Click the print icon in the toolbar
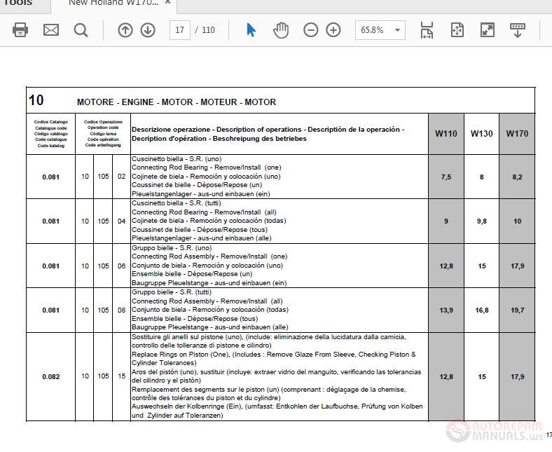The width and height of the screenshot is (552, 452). pos(20,30)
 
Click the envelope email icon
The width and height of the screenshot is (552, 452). pos(51,30)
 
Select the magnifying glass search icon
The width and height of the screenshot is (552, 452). pos(81,30)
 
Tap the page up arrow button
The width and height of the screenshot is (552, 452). pos(125,30)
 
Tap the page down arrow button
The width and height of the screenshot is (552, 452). pos(148,30)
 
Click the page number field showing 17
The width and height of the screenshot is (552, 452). pos(180,30)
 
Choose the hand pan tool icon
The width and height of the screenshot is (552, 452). pos(281,30)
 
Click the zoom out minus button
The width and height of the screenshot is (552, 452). pos(311,30)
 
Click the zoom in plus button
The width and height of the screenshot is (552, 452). pos(333,30)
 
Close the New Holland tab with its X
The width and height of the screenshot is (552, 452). pos(168,3)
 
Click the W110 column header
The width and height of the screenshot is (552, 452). pos(446,134)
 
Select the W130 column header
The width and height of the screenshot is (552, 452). pos(481,134)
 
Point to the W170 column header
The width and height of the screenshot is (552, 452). pos(517,134)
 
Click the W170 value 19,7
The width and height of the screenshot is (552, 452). pos(517,310)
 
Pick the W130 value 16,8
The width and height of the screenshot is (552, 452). pos(481,310)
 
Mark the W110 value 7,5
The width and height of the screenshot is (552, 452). pos(446,177)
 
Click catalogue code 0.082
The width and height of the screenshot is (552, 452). pos(51,376)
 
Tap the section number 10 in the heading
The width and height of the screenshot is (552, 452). pos(36,100)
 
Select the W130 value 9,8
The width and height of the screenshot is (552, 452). pos(481,221)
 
